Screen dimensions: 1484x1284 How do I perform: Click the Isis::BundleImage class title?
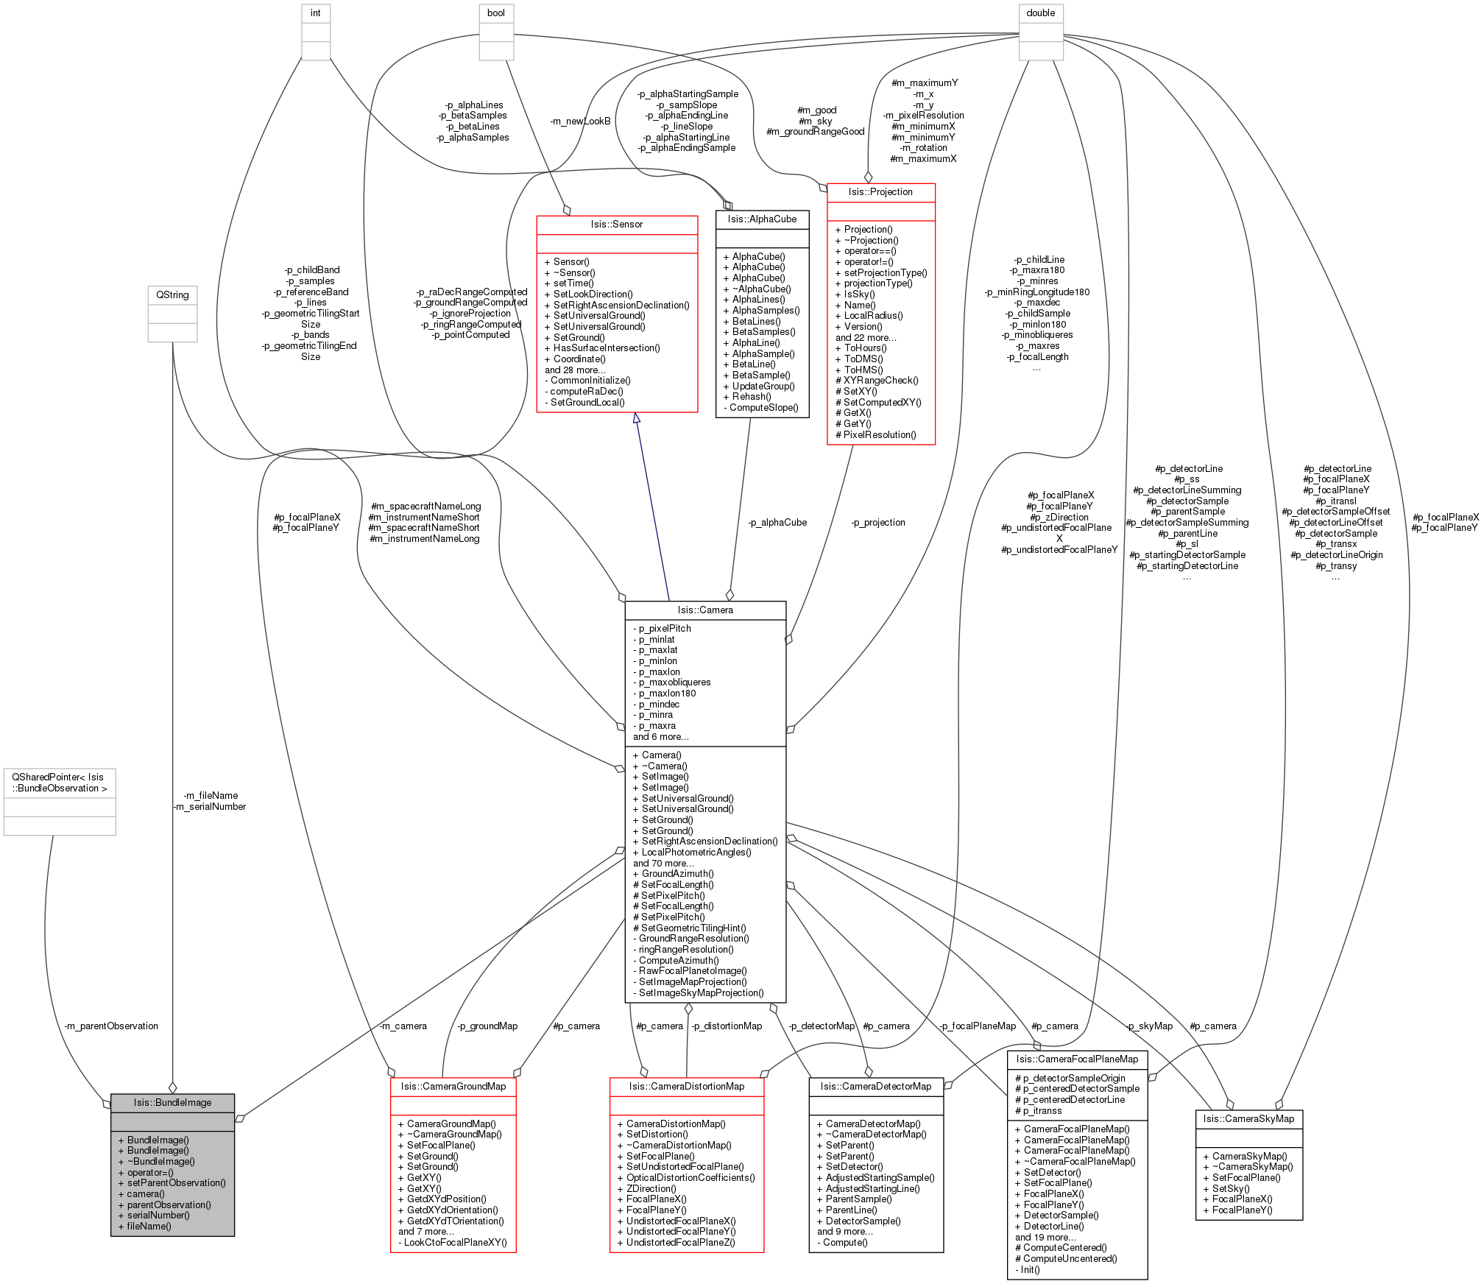172,1102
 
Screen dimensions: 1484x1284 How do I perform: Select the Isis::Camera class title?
705,610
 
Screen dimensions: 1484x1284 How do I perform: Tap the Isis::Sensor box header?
617,224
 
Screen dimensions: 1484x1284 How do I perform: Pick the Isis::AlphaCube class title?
762,219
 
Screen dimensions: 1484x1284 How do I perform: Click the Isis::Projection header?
880,191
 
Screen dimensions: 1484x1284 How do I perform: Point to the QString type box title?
172,294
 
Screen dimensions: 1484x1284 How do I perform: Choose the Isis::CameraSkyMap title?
1248,1118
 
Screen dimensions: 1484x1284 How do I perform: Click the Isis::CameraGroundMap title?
453,1086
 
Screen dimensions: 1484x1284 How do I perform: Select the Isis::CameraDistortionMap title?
687,1086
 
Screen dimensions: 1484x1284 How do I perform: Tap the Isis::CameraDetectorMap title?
876,1086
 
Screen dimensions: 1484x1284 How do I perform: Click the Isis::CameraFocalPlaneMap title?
1077,1059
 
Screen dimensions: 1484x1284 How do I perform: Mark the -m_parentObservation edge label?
111,1026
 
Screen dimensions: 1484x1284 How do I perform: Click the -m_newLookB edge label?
580,121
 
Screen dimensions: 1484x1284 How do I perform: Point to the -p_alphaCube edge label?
777,522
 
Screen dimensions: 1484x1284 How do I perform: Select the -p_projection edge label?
878,522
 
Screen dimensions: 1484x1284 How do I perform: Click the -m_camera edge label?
403,1026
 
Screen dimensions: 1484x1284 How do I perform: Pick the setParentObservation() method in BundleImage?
172,1182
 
